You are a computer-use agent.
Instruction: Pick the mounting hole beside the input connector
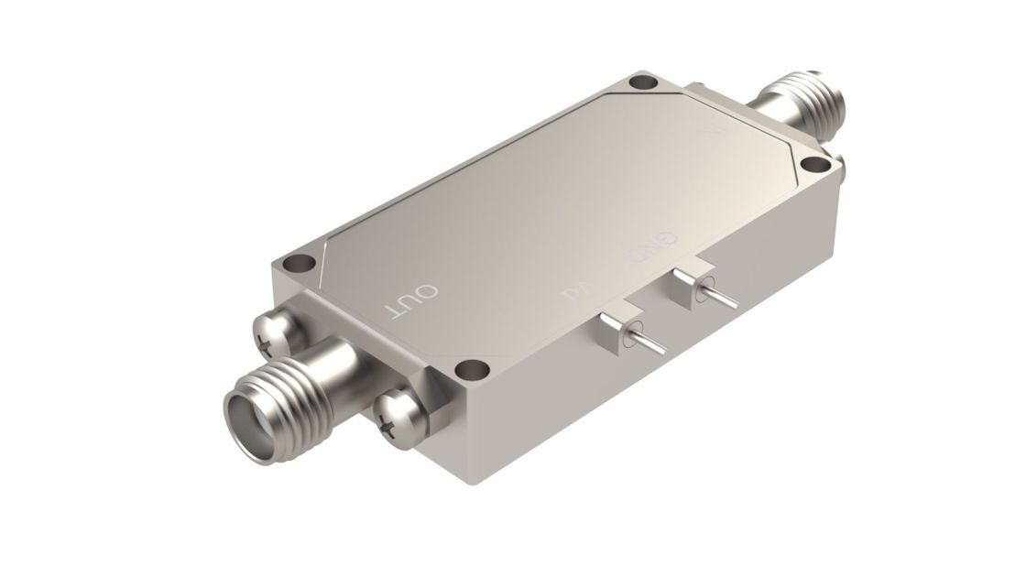pyautogui.click(x=813, y=165)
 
